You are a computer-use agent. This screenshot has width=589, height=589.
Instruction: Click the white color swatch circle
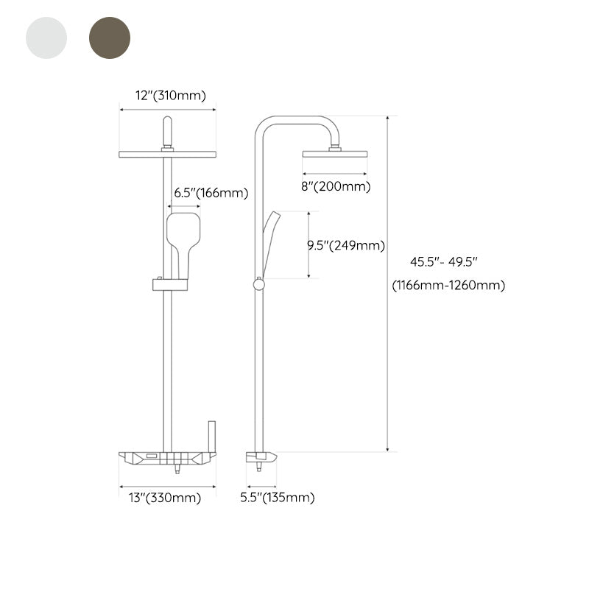(x=46, y=38)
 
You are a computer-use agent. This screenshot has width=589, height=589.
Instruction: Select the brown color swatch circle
(x=109, y=38)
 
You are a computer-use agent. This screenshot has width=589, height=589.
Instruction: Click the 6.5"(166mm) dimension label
(x=211, y=194)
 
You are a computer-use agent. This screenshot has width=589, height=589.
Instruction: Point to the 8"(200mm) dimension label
(x=335, y=186)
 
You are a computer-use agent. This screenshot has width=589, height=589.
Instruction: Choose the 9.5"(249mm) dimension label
(x=346, y=246)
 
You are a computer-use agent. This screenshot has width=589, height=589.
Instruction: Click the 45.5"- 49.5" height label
(x=445, y=261)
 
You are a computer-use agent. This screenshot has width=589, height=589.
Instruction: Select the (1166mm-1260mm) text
(x=448, y=286)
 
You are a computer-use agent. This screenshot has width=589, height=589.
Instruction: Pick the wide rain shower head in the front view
(x=167, y=153)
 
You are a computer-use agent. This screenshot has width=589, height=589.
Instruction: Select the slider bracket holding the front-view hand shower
(x=169, y=284)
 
